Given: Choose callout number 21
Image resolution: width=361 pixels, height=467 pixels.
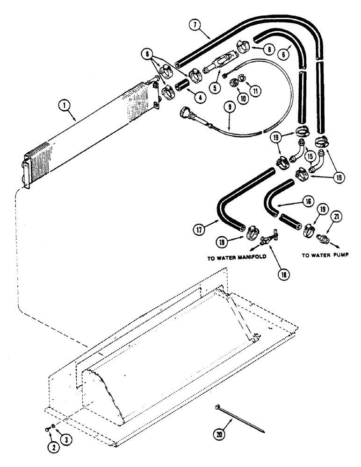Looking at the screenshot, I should (337, 216).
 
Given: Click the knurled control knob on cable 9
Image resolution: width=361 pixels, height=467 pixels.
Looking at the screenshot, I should (182, 112).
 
